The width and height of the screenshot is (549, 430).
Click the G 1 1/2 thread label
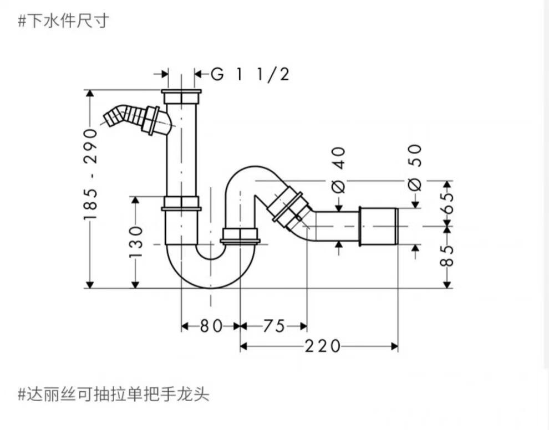(250, 74)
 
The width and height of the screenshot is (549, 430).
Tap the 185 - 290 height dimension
(90, 173)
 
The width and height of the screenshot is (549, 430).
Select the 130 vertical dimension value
(136, 241)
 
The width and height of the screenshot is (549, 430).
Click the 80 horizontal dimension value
(211, 326)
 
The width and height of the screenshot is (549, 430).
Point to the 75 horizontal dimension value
(273, 326)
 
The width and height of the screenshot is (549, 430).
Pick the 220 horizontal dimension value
(322, 346)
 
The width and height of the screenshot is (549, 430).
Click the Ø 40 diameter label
(339, 170)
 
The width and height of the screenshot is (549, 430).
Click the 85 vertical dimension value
(447, 256)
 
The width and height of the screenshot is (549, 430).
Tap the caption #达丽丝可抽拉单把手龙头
(113, 395)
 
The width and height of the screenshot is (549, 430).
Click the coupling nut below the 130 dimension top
(181, 203)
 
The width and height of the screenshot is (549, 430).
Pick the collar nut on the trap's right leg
(240, 236)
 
